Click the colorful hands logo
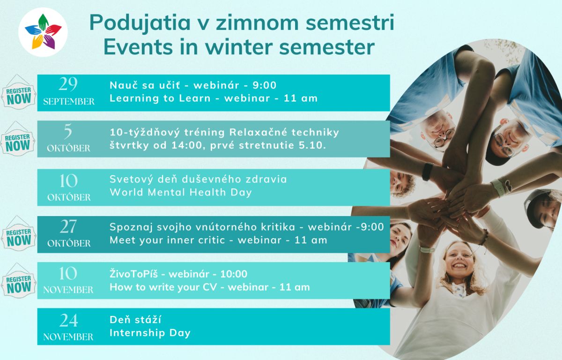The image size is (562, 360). point(43,32)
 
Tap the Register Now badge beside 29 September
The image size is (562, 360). point(19,92)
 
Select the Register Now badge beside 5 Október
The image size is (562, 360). point(17,139)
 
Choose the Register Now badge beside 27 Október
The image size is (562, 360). point(19,233)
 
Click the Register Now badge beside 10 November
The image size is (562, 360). point(19,280)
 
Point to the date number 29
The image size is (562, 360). point(68,84)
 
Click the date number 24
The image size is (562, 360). point(68,320)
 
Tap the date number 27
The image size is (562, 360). point(68,226)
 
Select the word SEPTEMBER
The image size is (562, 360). point(69,101)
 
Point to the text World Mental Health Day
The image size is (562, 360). point(181,192)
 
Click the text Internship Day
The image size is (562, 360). point(150,333)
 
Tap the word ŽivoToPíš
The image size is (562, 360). point(134,274)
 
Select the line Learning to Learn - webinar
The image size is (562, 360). point(190,98)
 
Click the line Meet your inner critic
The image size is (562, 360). point(167,240)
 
